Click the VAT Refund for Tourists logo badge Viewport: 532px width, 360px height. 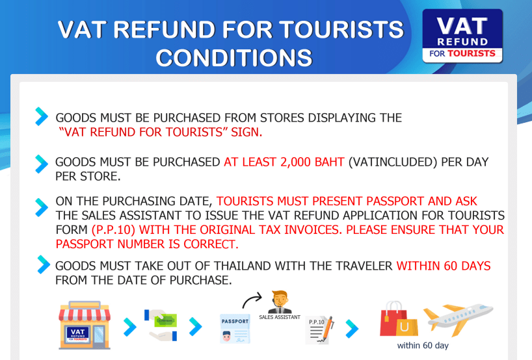click(462, 36)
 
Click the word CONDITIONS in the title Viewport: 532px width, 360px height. click(233, 57)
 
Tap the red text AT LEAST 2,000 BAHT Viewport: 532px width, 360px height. click(284, 162)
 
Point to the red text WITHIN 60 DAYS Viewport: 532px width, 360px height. click(444, 266)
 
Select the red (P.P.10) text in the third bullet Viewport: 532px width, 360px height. click(114, 230)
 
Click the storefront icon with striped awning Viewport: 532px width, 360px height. click(85, 325)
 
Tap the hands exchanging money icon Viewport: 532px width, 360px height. click(161, 325)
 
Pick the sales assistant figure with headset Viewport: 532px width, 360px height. click(280, 302)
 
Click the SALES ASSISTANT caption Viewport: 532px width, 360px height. click(280, 317)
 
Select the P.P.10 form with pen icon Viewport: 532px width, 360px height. click(319, 330)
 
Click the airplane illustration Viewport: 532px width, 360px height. click(458, 318)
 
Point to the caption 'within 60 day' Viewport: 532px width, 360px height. click(423, 346)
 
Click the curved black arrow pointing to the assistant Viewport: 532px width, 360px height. click(252, 300)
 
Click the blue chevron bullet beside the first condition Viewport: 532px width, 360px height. click(42, 116)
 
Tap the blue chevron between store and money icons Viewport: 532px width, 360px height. click(130, 327)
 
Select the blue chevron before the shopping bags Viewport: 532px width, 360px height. click(352, 328)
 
